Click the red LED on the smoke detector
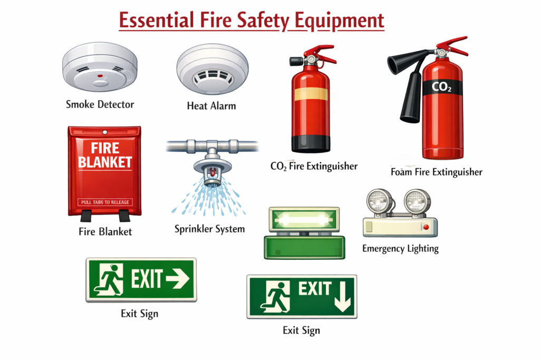click(100, 76)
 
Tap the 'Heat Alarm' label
click(211, 105)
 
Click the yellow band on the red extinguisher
click(311, 94)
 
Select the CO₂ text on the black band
click(441, 87)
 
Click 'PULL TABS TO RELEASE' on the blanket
click(105, 202)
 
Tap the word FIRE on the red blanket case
click(105, 148)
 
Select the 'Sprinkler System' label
click(209, 229)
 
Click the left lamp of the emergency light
click(379, 201)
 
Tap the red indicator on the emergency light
click(426, 227)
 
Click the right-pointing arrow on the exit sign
click(177, 278)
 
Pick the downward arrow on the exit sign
click(343, 297)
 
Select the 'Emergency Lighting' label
click(401, 248)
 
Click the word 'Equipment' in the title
click(339, 21)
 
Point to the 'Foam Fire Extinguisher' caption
click(437, 172)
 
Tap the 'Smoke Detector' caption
click(100, 104)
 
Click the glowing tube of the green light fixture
click(303, 219)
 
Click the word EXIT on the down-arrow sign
click(315, 288)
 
